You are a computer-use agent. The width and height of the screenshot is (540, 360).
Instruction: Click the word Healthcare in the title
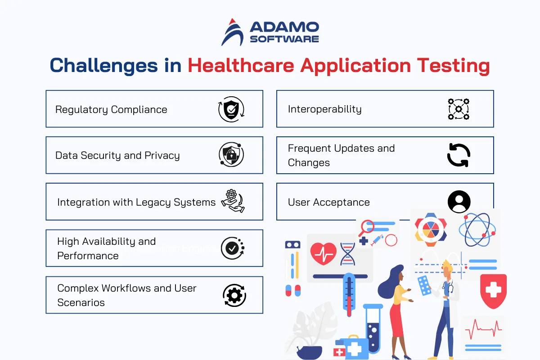[x=241, y=66]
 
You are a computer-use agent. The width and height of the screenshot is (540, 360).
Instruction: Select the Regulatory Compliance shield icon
[x=231, y=109]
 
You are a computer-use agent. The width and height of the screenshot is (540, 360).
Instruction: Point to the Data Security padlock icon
[x=231, y=154]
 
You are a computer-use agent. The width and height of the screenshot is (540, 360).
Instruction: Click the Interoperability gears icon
[x=459, y=109]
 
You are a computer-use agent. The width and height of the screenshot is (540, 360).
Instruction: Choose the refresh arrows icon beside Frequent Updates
[x=459, y=155]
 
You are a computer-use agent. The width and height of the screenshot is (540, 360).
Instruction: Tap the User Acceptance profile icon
[x=459, y=202]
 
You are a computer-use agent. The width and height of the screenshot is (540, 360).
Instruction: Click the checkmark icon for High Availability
[x=233, y=248]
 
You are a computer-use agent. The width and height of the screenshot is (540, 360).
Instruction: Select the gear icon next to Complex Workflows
[x=234, y=295]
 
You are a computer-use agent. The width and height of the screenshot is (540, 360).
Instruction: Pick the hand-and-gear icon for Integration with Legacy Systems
[x=233, y=201]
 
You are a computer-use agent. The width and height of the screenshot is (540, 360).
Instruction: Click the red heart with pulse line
[x=323, y=254]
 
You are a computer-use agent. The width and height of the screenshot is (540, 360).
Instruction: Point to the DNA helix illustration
[x=347, y=254]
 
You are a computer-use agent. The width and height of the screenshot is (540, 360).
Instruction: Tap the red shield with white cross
[x=493, y=291]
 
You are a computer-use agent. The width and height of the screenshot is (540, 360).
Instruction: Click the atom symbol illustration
[x=477, y=229]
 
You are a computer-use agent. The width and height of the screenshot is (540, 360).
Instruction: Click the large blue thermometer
[x=349, y=295]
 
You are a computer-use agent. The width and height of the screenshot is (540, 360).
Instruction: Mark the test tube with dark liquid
[x=373, y=328]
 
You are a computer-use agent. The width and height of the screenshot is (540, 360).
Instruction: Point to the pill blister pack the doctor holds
[x=424, y=285]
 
